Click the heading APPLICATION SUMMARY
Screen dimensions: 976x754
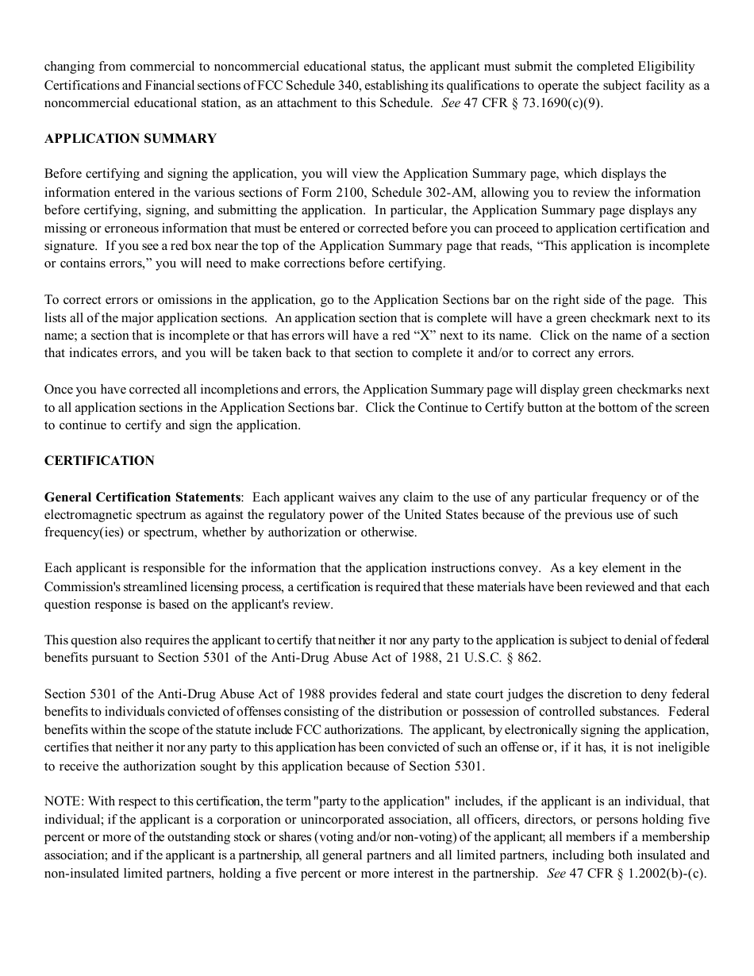130,139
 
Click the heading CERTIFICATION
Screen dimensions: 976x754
99,461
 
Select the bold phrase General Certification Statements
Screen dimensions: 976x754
143,498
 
